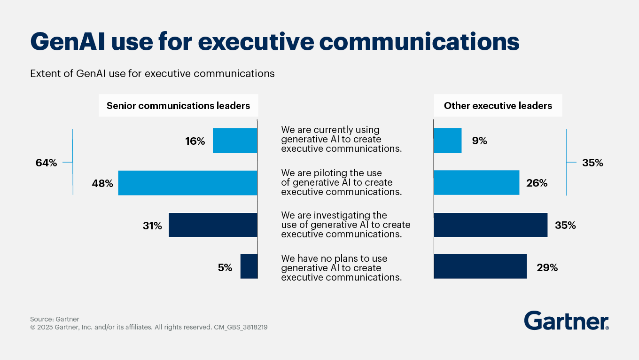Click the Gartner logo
pyautogui.click(x=566, y=321)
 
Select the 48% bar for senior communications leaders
pyautogui.click(x=187, y=183)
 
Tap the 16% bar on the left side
pyautogui.click(x=235, y=141)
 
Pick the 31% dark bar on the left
pyautogui.click(x=213, y=225)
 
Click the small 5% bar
pyautogui.click(x=249, y=266)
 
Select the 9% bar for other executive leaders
pyautogui.click(x=447, y=141)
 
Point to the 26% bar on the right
pyautogui.click(x=476, y=183)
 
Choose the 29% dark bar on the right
pyautogui.click(x=480, y=266)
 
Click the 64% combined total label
pyautogui.click(x=46, y=163)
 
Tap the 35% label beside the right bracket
pyautogui.click(x=592, y=163)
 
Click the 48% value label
pyautogui.click(x=102, y=184)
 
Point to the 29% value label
pyautogui.click(x=547, y=268)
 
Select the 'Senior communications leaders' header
pyautogui.click(x=178, y=106)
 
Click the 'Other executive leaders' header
pyautogui.click(x=498, y=106)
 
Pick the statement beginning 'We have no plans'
pyautogui.click(x=341, y=268)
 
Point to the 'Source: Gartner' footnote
pyautogui.click(x=55, y=319)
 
